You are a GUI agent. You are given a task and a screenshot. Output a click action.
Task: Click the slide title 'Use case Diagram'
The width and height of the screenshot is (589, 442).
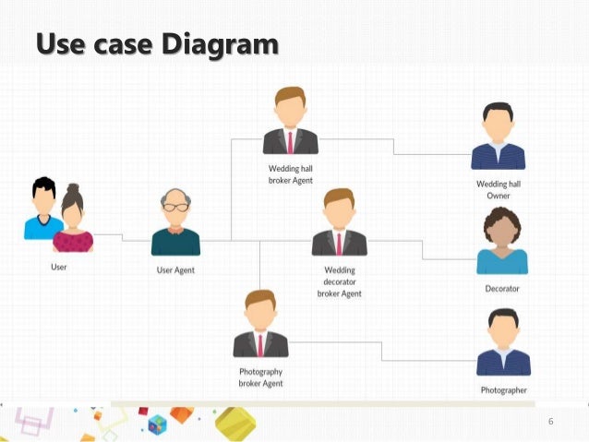click(x=156, y=43)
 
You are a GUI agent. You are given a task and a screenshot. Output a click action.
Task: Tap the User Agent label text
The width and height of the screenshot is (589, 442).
click(x=175, y=270)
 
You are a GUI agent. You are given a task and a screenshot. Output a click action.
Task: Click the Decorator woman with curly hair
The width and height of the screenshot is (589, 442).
click(x=502, y=241)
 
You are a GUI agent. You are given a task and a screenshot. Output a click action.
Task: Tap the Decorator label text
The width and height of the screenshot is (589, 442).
click(x=502, y=289)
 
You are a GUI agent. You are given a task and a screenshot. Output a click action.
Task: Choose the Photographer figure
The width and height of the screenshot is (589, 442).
click(x=503, y=343)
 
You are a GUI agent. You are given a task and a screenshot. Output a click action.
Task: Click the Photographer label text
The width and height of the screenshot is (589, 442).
click(x=503, y=390)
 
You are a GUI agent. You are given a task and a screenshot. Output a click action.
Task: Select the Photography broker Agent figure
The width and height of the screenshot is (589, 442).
click(x=260, y=324)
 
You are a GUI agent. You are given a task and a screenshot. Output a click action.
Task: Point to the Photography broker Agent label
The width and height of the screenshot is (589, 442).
click(x=260, y=377)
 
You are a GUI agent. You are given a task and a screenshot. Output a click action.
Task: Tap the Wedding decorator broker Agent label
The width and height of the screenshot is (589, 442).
click(x=339, y=282)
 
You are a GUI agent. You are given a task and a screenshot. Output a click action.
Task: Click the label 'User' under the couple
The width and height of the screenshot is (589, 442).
click(x=58, y=267)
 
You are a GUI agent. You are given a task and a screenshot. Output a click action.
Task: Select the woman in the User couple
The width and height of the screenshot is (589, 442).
click(x=73, y=220)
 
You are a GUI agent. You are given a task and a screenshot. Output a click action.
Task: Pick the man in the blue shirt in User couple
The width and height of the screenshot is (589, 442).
click(x=42, y=210)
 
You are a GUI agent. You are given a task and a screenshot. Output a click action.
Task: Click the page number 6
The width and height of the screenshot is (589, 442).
click(x=551, y=422)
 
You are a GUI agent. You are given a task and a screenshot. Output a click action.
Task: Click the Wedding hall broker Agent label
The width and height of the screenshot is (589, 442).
click(x=290, y=174)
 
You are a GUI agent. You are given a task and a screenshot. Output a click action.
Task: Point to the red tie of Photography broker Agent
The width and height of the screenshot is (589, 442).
click(x=260, y=344)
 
